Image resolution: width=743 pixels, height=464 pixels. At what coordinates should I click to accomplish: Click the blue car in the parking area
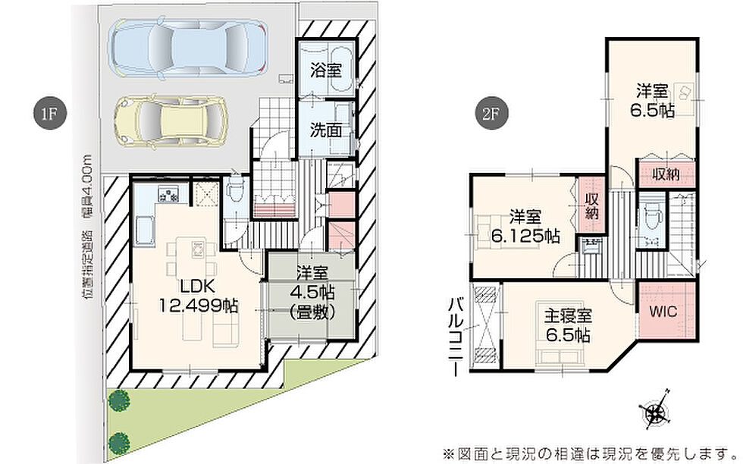coord(188,49)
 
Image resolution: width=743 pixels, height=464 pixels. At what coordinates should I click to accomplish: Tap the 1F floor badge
coord(49,114)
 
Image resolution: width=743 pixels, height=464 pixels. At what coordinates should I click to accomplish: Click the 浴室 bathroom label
coord(326,71)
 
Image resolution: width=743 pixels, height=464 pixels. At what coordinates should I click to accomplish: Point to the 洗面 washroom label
coord(326,130)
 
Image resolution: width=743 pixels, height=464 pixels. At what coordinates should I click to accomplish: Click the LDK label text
coord(197,287)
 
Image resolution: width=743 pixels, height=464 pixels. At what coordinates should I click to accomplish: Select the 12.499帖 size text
coord(199,306)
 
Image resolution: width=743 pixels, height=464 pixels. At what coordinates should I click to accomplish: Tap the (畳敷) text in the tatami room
coord(312,312)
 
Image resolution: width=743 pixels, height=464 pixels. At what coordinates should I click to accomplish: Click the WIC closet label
coord(663,312)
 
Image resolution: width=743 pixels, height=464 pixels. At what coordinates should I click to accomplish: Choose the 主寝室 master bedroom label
coord(568,315)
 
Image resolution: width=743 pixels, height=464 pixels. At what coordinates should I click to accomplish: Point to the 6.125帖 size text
coord(525,236)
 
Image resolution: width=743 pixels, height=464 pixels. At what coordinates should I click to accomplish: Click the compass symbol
coord(656,409)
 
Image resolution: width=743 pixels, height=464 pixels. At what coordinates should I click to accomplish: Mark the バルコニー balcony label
coord(456,337)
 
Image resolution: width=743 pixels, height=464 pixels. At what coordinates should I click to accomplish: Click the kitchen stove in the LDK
coord(168,195)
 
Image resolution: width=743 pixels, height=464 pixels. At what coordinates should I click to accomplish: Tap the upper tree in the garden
coord(118,400)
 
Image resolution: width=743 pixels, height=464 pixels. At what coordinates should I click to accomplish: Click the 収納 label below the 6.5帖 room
coord(666,174)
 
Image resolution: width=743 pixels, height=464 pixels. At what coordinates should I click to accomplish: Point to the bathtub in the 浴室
coord(340,69)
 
